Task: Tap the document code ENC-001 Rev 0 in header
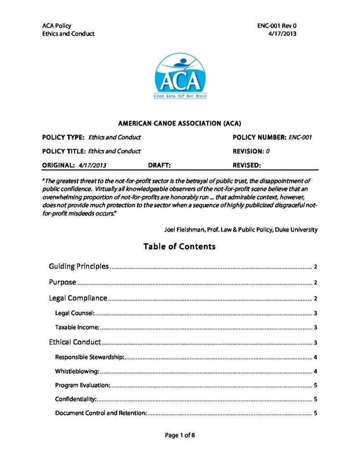coord(277,26)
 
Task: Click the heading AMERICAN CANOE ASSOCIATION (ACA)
coord(179,123)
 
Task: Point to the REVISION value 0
coord(268,151)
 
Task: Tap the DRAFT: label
coord(159,165)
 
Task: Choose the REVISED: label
coord(247,165)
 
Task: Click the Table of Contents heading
coord(179,247)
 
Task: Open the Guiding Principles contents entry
coord(79,266)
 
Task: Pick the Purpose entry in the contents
coord(62,282)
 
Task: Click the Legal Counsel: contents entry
coord(75,313)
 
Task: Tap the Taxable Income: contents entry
coord(77,327)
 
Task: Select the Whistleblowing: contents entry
coord(77,371)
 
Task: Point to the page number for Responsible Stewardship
coord(315,357)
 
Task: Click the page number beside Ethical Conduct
coord(315,342)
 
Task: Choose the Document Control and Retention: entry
coord(101,413)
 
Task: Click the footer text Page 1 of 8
coord(180,436)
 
